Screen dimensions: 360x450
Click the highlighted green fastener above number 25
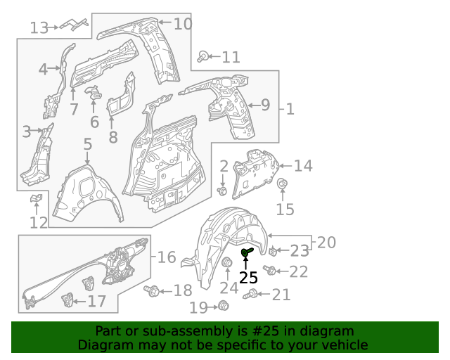tap(247, 252)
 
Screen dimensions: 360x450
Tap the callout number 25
tap(248, 277)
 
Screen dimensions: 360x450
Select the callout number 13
tap(39, 27)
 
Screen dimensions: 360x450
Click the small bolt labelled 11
tap(203, 56)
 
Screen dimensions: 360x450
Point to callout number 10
tap(182, 24)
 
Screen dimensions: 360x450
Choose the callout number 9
tap(265, 105)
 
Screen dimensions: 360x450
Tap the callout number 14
tap(303, 166)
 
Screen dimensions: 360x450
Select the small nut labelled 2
tap(223, 190)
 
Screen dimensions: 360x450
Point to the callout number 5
tap(87, 144)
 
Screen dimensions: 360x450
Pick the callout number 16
tap(167, 257)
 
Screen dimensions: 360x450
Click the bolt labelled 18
tap(150, 290)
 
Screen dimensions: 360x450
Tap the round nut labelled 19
tap(224, 305)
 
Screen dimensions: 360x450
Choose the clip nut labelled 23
tap(273, 251)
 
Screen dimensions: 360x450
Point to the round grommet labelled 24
tap(227, 264)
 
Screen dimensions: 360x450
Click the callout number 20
tap(326, 243)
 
